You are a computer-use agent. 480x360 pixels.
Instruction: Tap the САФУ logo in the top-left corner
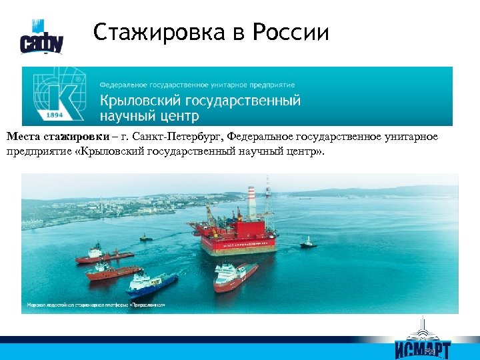(41, 38)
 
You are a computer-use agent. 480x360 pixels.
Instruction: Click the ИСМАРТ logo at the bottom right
(422, 341)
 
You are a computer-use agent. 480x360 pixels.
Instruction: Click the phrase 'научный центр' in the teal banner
(149, 117)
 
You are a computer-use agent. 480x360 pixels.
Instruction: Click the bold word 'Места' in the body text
(24, 137)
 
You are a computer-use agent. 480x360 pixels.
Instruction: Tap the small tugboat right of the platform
(307, 243)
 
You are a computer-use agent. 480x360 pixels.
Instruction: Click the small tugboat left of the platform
(145, 237)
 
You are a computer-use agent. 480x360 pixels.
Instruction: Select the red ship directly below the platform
(235, 275)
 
